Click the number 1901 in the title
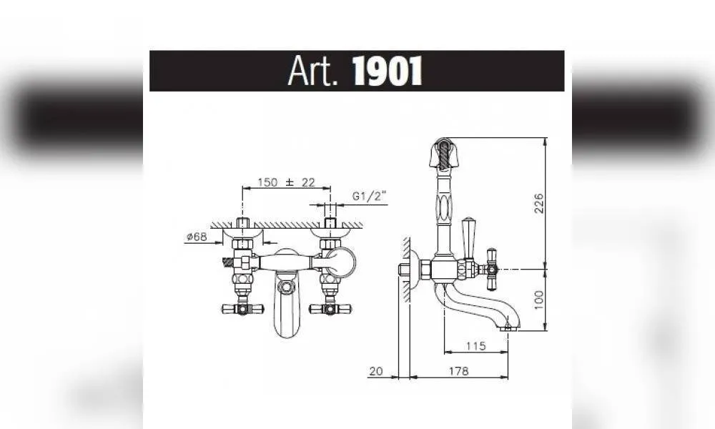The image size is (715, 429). click(x=388, y=71)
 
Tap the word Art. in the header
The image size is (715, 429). click(x=314, y=71)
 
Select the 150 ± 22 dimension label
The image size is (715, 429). click(x=287, y=182)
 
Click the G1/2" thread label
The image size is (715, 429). click(x=370, y=197)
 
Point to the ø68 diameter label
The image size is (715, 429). click(x=197, y=237)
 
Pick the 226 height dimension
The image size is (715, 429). click(x=539, y=203)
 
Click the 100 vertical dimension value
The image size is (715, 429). click(x=539, y=300)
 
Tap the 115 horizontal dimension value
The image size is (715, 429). click(x=475, y=347)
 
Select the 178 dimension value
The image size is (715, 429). click(x=459, y=372)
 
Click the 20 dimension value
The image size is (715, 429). click(x=376, y=372)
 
